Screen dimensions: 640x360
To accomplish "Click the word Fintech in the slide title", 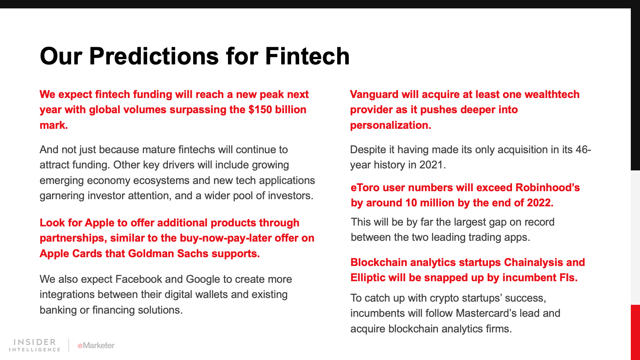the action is click(308, 56).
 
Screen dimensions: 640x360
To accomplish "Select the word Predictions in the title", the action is click(154, 56).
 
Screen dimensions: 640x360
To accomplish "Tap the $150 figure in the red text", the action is click(260, 110).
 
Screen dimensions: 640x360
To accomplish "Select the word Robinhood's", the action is click(548, 188).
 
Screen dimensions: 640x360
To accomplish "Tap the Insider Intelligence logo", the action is click(34, 345).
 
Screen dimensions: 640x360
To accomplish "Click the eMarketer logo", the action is click(96, 346).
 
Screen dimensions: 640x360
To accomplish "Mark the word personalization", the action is click(390, 126).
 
